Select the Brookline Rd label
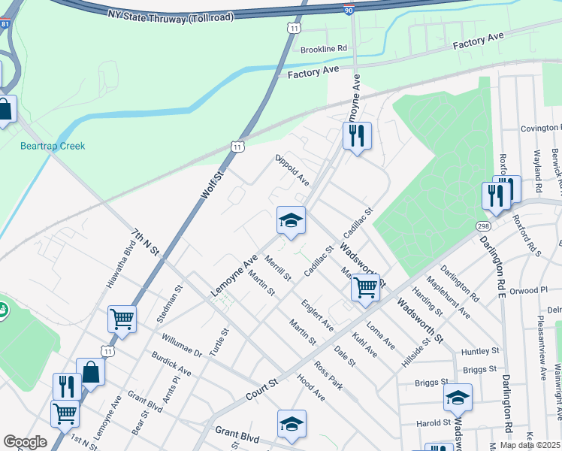324,48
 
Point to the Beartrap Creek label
53,146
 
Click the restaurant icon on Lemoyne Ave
357,136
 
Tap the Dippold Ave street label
292,171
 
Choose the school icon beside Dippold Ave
291,220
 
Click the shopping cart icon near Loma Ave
365,287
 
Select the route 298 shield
483,225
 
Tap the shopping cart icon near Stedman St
122,319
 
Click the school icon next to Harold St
458,398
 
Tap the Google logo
25,442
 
